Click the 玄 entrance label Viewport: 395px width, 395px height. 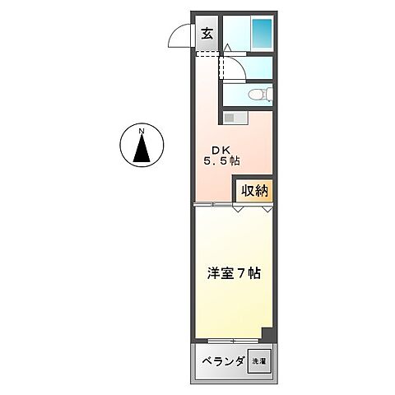207,34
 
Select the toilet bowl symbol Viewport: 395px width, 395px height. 259,94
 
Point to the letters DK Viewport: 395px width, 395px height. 221,150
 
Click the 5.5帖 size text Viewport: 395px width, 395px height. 221,162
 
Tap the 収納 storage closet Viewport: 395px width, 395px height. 253,190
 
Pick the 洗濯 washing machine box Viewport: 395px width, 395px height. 258,361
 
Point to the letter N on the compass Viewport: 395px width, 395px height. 142,132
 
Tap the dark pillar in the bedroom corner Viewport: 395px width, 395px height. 267,334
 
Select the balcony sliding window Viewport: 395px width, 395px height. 234,341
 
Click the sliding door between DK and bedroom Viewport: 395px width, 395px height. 212,205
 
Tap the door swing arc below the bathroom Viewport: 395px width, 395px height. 234,72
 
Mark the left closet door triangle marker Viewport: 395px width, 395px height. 238,209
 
